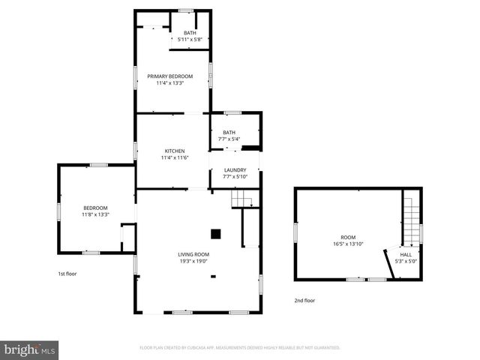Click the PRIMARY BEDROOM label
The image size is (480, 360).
coord(169,76)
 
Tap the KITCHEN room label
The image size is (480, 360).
coord(175,151)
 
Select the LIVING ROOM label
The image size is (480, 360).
coord(193,254)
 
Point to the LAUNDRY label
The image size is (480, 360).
coord(235,169)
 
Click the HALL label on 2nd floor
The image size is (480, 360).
coord(406,254)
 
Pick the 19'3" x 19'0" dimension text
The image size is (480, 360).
coord(193,262)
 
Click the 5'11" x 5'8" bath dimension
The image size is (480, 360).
coord(190,39)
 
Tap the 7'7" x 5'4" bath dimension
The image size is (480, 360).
coord(229,139)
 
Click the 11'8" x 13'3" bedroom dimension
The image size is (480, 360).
coord(95,214)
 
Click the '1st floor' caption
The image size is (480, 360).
coord(67,274)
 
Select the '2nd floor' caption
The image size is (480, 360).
coord(304,300)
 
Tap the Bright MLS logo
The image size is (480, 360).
coord(30,349)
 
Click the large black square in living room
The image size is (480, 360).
coord(215,234)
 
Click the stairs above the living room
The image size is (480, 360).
coord(240,198)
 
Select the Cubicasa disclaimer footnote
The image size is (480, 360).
coord(240,348)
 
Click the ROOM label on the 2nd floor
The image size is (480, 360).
coord(349,237)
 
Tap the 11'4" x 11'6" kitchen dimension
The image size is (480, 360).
coord(175,157)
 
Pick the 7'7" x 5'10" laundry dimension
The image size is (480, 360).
coord(235,176)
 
